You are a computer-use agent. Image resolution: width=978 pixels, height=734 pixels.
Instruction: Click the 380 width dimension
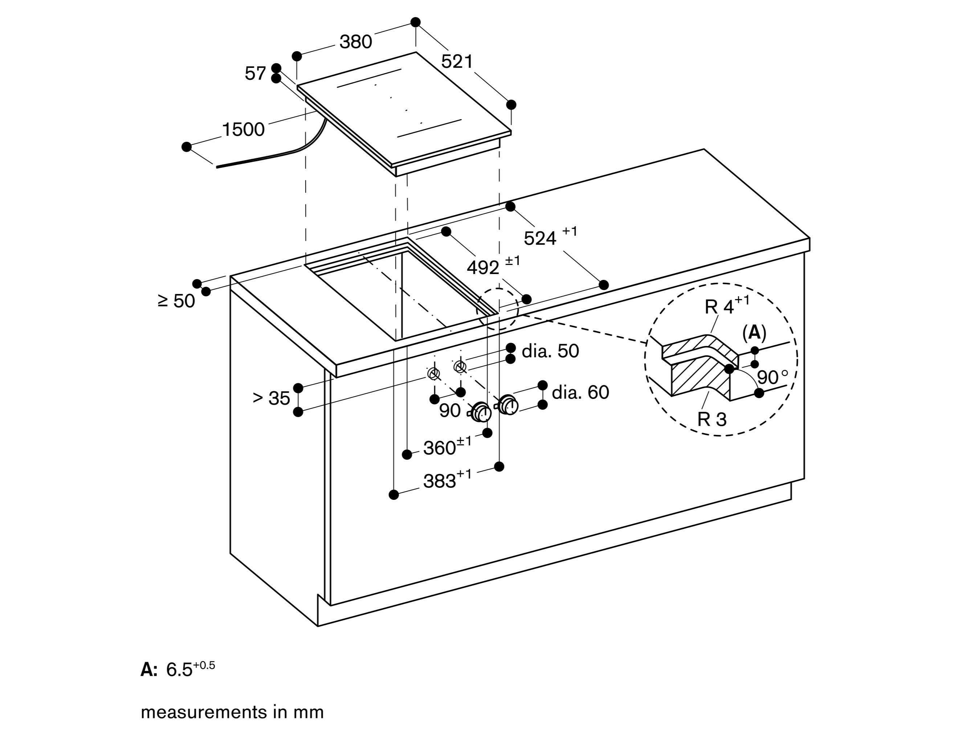point(355,42)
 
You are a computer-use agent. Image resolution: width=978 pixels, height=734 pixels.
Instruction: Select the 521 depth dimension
point(457,61)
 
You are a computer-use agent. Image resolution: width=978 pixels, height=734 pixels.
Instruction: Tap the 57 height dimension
point(255,73)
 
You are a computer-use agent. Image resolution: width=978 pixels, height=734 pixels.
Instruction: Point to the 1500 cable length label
point(243,130)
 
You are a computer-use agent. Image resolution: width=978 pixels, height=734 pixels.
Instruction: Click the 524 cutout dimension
point(540,238)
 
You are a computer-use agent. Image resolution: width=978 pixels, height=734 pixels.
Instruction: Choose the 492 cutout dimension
point(483,268)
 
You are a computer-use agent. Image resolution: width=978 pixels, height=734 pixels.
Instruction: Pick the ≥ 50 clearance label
point(176,301)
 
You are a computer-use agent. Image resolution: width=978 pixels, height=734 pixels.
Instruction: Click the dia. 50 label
point(550,351)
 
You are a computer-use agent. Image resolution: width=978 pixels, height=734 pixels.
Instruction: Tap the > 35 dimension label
point(271,398)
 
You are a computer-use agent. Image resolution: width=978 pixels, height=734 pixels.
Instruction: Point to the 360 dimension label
point(440,448)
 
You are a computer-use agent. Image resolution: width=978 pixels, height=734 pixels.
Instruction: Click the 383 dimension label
point(440,481)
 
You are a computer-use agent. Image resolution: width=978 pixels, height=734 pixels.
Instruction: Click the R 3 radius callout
point(712,419)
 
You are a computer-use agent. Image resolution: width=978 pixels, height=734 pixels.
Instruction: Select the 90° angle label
point(772,378)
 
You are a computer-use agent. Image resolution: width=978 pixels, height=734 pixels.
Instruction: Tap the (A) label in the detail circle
point(754,333)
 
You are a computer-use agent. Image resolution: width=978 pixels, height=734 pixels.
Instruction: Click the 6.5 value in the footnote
point(179,670)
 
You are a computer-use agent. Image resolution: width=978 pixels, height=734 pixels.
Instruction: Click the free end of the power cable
point(217,167)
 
